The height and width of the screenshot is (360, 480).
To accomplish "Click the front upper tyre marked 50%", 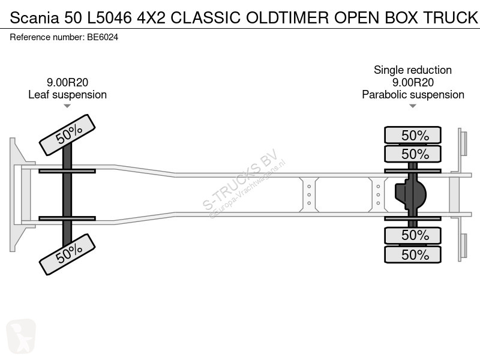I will coord(67,134).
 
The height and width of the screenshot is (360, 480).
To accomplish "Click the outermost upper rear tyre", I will coord(413,135).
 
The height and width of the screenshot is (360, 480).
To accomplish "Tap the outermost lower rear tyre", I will coord(413,254).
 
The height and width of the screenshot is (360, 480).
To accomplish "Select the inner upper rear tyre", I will coord(413,154).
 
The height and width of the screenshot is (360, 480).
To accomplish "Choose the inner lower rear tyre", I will coord(413,235).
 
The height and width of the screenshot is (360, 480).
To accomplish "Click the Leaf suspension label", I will coord(67,95).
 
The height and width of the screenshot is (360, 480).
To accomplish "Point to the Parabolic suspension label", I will coord(413,95).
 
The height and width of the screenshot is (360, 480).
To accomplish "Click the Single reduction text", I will coord(413,70).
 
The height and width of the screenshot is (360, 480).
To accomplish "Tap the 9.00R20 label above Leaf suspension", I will coord(67,83).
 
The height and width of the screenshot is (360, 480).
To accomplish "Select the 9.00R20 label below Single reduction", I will coord(413,83).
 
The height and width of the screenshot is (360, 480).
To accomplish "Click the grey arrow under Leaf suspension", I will coord(67,106).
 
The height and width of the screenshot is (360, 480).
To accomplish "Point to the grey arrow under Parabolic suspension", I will coord(413,106).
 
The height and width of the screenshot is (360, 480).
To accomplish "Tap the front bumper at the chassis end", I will coord(15,194).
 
